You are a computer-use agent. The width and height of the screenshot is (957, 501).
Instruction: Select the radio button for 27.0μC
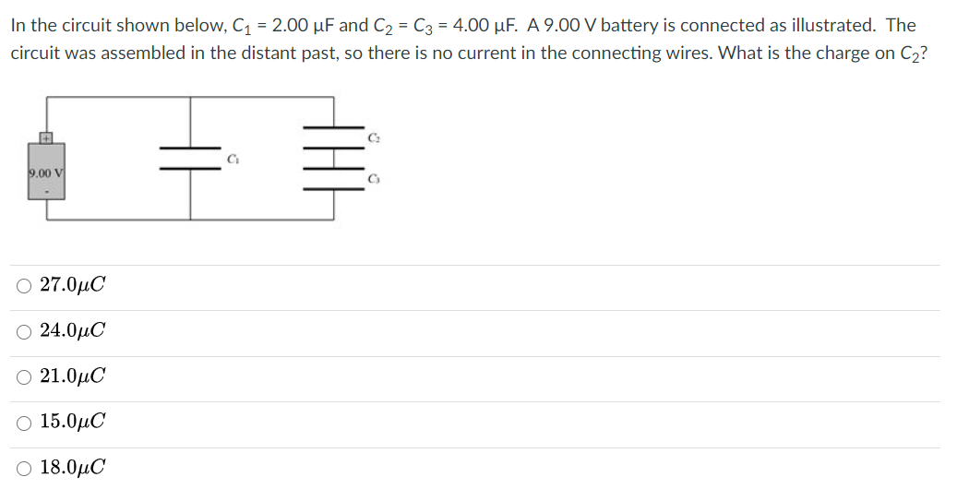coord(23,285)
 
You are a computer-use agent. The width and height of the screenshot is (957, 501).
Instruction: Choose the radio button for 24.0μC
coord(23,330)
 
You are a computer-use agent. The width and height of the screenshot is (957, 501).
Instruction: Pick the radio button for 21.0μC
coord(23,376)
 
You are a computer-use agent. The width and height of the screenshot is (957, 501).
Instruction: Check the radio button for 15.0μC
coord(23,422)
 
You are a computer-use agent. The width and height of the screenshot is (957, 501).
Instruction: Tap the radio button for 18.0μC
coord(23,468)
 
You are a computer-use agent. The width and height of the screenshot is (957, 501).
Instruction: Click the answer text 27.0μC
coord(73,285)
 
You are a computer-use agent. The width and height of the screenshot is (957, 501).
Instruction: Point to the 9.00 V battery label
coord(44,173)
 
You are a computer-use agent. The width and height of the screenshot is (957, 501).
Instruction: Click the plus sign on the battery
coord(44,138)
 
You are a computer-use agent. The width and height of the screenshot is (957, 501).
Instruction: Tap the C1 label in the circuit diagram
coord(233,158)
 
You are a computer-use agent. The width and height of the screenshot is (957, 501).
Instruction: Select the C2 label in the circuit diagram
coord(373,137)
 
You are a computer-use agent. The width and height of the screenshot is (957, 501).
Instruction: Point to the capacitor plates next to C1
coord(190,158)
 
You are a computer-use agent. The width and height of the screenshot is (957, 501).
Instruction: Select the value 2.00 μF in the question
coord(294,25)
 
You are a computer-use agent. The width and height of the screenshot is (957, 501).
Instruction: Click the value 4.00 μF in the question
coord(464,25)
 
